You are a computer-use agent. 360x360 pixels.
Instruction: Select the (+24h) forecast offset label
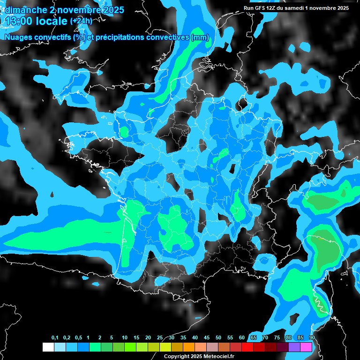tap(81, 21)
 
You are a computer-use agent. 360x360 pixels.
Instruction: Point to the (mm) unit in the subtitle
tap(200, 37)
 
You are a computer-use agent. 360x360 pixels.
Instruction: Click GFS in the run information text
tap(260, 8)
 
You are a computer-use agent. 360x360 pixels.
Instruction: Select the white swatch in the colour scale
tap(48, 347)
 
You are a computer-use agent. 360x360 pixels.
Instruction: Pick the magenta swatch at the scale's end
tap(306, 347)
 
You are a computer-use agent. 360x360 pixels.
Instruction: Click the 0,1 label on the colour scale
tap(55, 338)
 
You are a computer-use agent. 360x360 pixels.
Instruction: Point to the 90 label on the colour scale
tap(312, 338)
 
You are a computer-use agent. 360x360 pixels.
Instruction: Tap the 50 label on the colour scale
tap(218, 338)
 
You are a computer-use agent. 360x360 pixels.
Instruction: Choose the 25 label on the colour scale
tap(160, 338)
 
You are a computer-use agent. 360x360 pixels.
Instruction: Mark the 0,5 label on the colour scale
tap(78, 338)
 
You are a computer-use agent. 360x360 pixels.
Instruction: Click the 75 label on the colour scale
tap(277, 338)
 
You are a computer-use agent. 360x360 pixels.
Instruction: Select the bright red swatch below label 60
tap(247, 347)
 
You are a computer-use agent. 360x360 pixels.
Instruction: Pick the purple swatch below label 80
tap(294, 347)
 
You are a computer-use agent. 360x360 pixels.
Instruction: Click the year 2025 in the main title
tap(113, 9)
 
